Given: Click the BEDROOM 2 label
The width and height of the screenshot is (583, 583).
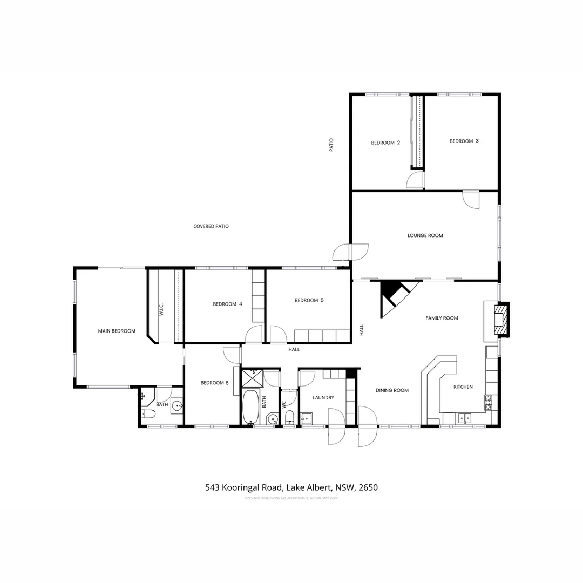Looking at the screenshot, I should (385, 143).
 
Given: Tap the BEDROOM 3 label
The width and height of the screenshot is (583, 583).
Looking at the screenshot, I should (464, 141).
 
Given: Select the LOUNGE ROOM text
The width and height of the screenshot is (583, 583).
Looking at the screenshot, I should (425, 236).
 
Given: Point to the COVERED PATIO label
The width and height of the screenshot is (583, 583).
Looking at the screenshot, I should (211, 226).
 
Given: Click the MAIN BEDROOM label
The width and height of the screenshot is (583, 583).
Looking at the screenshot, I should (117, 331).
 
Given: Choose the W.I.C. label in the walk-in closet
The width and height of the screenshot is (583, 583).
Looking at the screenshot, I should (161, 310).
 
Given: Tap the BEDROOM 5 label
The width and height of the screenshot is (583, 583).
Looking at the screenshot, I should (309, 300).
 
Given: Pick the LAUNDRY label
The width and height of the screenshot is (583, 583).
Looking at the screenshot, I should (323, 398).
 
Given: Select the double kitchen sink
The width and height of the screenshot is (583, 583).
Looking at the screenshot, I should (464, 418).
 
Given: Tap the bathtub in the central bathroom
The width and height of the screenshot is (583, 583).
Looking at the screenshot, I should (250, 406).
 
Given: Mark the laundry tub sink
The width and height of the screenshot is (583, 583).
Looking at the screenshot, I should (307, 418).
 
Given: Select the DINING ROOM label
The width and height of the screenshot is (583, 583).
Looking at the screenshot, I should (392, 390).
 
